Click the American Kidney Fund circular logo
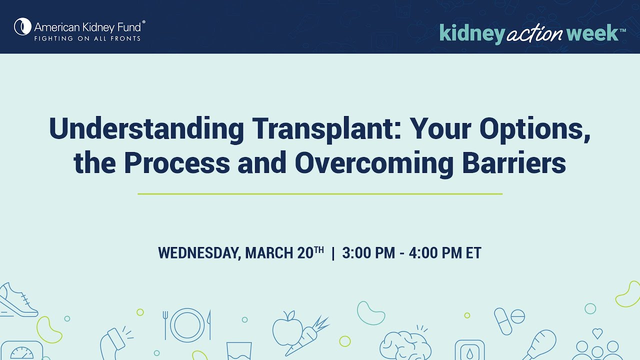coord(22,26)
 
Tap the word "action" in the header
coord(534,33)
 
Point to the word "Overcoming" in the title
coord(374,164)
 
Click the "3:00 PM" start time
coord(368,253)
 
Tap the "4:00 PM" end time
coord(435,253)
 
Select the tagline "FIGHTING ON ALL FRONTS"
coord(87,38)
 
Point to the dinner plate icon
coord(187,325)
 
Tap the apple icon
coord(287,328)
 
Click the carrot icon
coord(307,337)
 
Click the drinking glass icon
coord(239,351)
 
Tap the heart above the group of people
coord(597,333)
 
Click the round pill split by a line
coord(517,317)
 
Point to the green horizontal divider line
coord(320,194)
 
